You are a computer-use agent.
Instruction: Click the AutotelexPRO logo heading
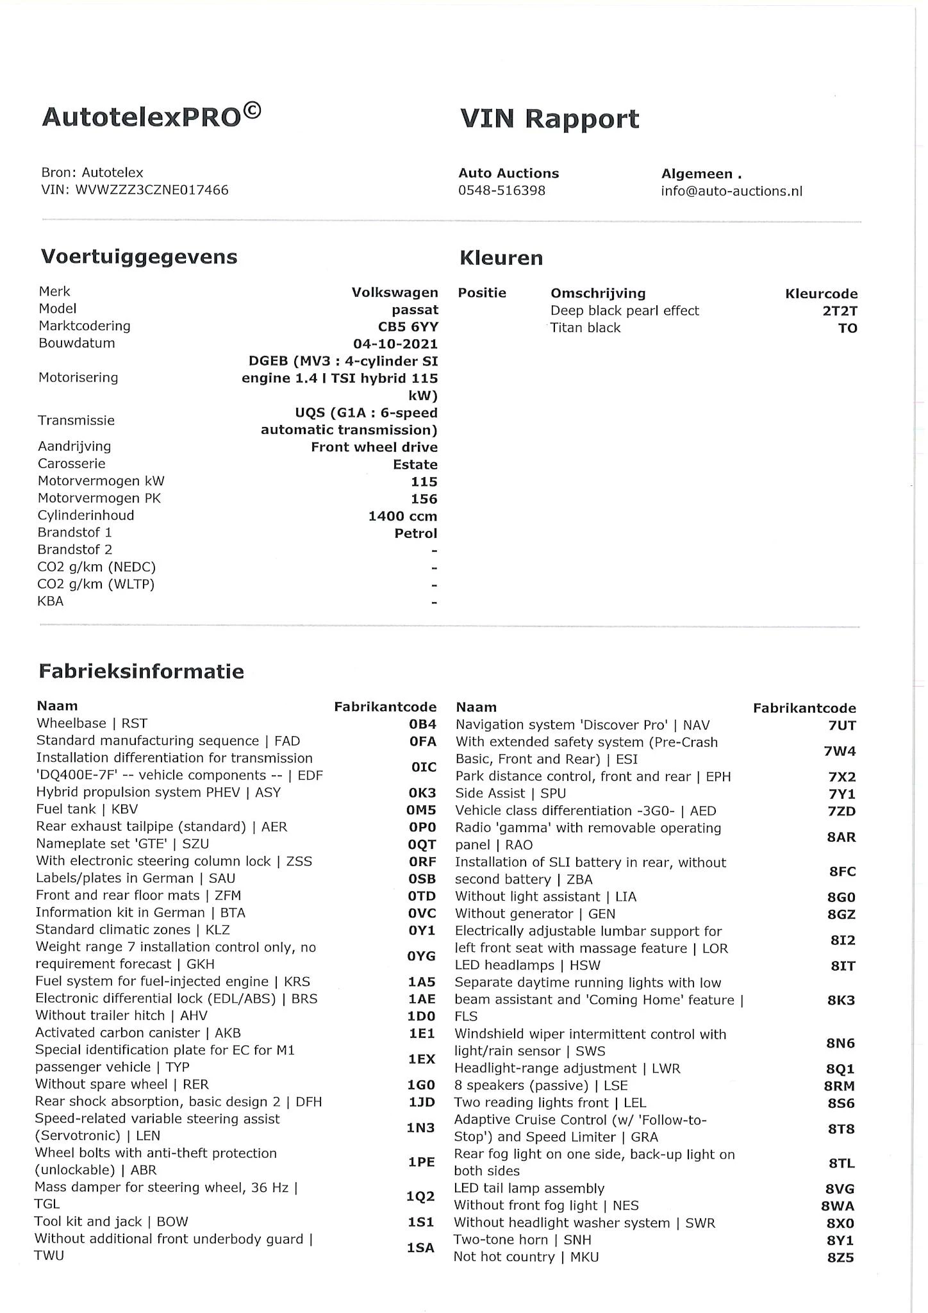coord(151,116)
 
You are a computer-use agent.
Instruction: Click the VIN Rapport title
coord(549,119)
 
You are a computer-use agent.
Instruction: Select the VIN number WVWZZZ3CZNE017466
coord(152,190)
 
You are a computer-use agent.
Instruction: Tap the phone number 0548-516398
coord(501,190)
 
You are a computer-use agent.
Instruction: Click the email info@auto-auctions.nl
coord(731,191)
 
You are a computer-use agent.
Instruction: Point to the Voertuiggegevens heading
coord(139,256)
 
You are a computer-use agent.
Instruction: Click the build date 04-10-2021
coord(395,344)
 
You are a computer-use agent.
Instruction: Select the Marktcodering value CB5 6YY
coord(408,326)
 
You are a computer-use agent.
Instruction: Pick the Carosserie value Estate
coord(415,464)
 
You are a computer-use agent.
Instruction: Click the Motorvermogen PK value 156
coord(424,499)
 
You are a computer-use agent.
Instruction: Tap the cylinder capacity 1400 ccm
coord(402,516)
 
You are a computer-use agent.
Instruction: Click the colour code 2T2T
coord(840,311)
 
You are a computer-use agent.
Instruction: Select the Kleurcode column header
coord(821,294)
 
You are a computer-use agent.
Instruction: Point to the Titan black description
coord(585,328)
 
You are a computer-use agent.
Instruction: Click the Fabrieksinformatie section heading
coord(142,671)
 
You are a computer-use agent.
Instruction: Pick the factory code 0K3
coord(422,792)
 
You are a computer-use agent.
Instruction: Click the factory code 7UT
coord(841,726)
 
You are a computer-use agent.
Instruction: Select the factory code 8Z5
coord(840,1257)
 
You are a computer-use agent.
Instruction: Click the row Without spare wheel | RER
coord(122,1084)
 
